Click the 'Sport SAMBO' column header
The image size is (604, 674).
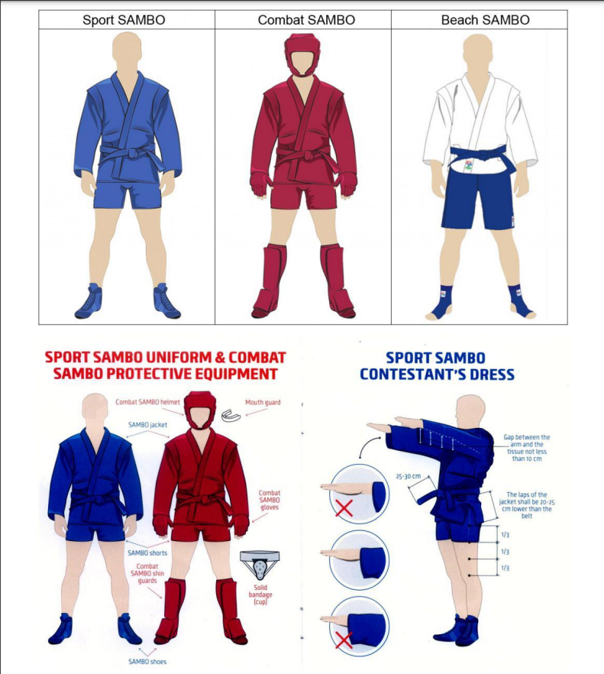coord(124,20)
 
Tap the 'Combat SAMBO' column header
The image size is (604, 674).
coord(306,20)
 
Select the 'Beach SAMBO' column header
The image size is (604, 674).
coord(486,20)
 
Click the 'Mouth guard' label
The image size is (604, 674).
coord(263,402)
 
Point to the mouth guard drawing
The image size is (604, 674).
coord(231,415)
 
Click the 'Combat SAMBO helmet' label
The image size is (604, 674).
coord(148,402)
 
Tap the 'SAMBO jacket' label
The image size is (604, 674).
coord(148,425)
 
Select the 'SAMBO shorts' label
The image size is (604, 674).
coord(147,552)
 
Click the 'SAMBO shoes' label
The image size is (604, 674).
coord(147,662)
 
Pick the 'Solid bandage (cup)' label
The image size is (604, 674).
coord(260,595)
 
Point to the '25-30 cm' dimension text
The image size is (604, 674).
coord(408,476)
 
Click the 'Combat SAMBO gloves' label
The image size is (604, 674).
coord(270,500)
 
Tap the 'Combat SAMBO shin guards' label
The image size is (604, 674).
coord(147,573)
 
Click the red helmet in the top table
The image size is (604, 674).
coord(302,55)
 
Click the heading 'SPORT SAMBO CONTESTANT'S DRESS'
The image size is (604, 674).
coord(437,366)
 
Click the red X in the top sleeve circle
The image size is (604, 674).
coord(344,508)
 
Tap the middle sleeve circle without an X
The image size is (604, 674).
coord(359,560)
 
